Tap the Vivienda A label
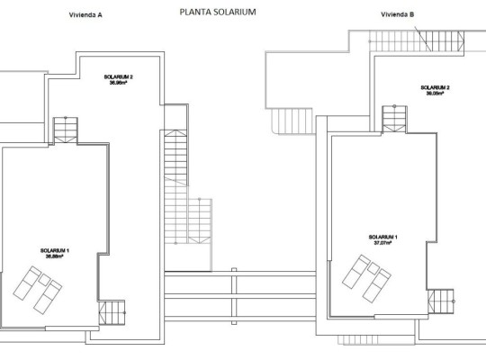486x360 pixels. [x=85, y=15]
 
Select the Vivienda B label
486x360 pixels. [x=398, y=15]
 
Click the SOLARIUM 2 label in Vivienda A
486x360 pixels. [x=118, y=77]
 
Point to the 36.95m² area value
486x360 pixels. [x=118, y=84]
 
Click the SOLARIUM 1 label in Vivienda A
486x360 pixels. [x=55, y=250]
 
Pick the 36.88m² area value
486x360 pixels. [x=55, y=256]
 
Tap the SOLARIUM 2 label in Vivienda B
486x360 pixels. [x=435, y=87]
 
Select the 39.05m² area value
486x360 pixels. [x=435, y=94]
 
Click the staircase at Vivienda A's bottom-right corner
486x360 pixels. [x=113, y=314]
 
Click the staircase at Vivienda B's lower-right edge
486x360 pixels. [x=442, y=301]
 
